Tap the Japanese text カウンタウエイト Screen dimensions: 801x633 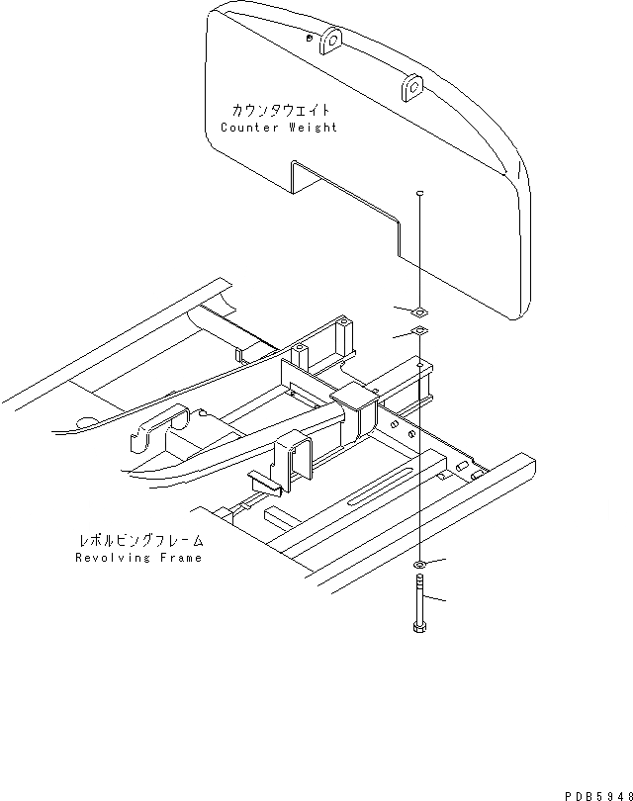coord(277,110)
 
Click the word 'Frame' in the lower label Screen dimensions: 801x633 coord(180,558)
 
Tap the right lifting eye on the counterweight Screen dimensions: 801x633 coord(410,90)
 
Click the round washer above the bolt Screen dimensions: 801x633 coord(420,564)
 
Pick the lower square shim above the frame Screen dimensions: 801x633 coord(419,332)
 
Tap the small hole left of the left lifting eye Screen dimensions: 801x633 coord(311,36)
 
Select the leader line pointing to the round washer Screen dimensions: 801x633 coord(436,561)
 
